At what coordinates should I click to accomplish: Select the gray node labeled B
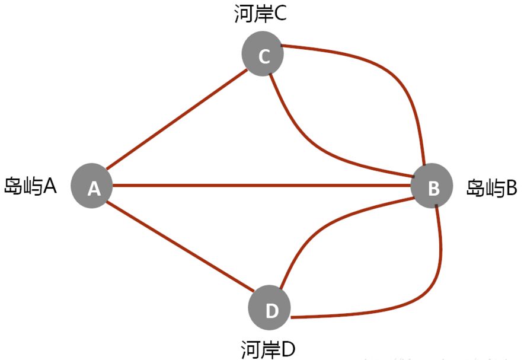point(433,187)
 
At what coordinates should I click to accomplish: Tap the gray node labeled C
point(263,55)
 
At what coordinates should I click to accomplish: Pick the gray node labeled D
point(271,309)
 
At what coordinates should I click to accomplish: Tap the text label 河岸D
point(269,349)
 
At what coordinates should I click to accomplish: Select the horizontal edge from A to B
point(261,186)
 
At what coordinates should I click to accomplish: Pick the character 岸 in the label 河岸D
point(269,349)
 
